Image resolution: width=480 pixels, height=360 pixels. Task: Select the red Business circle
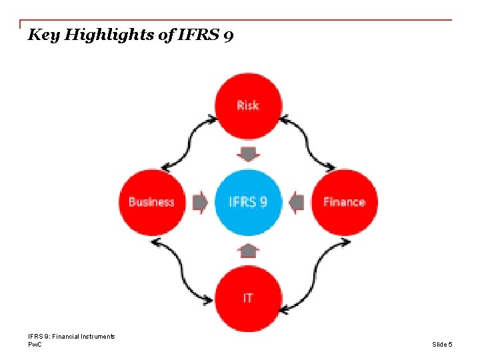[151, 202]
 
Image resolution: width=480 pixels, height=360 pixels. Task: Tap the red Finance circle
[345, 202]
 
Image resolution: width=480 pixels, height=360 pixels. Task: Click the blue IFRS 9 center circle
[248, 202]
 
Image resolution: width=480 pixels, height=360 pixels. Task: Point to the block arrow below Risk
[248, 155]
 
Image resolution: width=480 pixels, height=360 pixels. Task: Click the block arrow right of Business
[199, 202]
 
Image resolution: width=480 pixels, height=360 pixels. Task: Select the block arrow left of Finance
[297, 202]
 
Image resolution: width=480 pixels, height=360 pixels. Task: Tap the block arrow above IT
[248, 251]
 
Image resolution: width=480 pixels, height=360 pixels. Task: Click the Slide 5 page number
[442, 344]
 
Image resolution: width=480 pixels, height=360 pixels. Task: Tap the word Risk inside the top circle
[248, 105]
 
